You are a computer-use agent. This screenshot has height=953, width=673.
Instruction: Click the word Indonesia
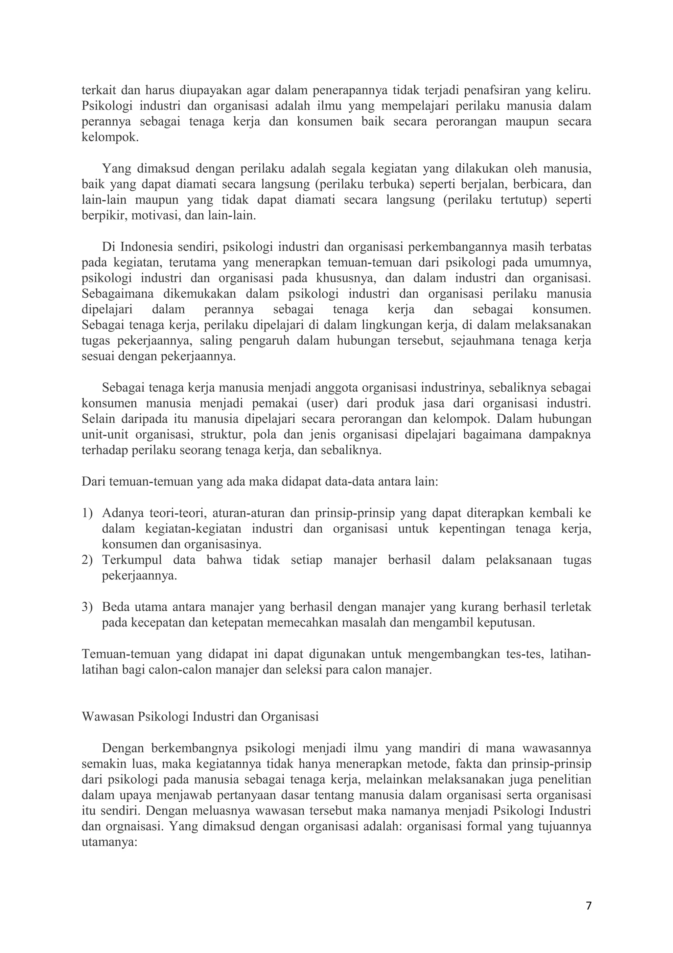tap(146, 247)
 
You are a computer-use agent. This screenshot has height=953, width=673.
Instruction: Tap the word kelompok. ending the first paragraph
tap(110, 137)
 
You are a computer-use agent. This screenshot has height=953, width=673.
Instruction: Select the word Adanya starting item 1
tap(122, 513)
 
